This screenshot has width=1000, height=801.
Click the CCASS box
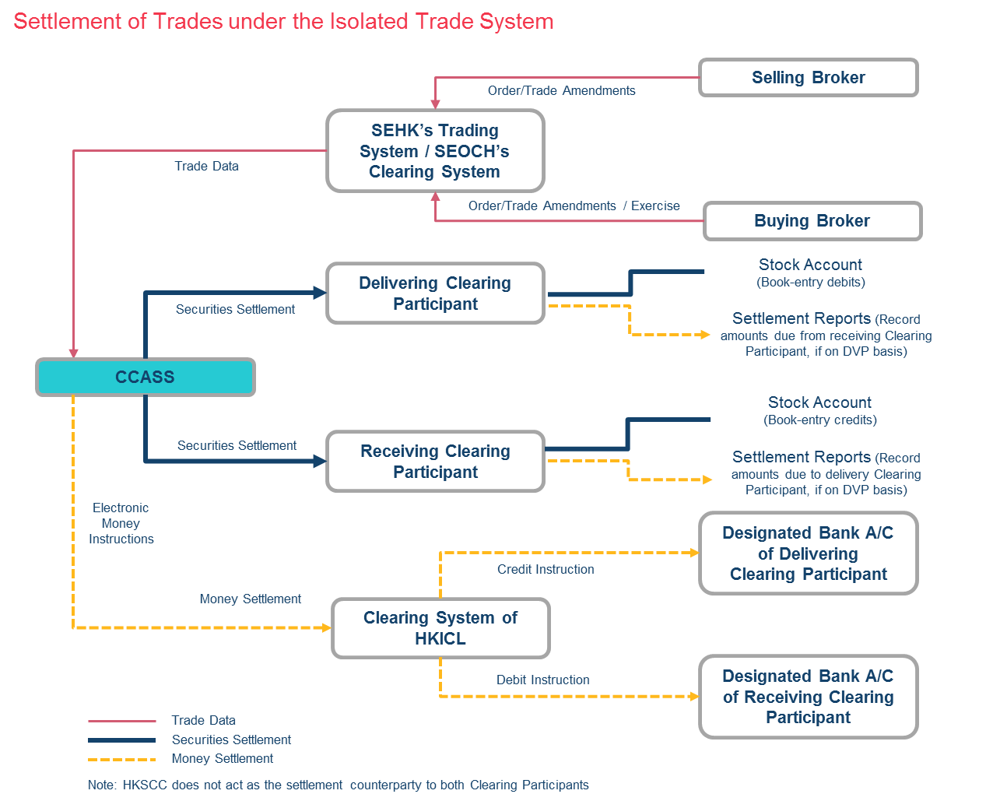146,378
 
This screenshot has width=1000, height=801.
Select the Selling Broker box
809,78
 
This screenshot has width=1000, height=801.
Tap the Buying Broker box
812,221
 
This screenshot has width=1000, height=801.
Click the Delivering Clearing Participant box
435,293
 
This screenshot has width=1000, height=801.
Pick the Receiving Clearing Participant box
435,462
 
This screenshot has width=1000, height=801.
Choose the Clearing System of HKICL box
440,628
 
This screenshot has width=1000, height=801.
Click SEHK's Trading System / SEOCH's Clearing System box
434,151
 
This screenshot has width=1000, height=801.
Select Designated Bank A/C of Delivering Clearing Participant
809,553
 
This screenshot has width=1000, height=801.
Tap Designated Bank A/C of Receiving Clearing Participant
809,697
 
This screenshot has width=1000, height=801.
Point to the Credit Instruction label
546,570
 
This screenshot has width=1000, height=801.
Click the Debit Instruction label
543,680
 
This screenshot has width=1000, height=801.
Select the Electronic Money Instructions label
121,523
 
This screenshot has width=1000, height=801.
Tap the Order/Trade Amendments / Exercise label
574,206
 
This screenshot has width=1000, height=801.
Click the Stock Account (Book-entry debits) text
810,272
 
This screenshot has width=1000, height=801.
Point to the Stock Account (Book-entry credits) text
819,410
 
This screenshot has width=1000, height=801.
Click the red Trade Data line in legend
122,722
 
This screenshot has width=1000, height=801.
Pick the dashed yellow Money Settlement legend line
122,759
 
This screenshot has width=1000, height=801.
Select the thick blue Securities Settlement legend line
122,740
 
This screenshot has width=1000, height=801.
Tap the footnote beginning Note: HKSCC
339,785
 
